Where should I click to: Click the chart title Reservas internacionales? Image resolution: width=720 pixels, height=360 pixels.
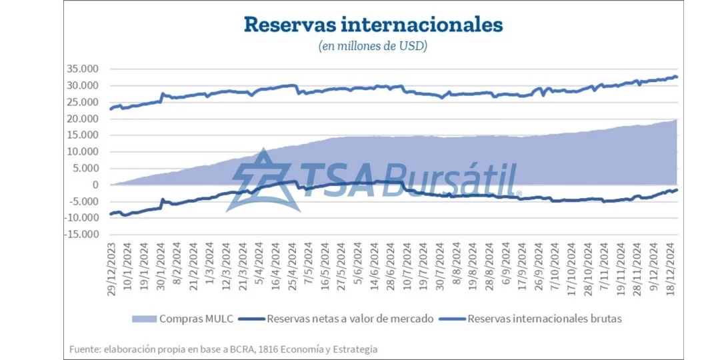click(x=373, y=25)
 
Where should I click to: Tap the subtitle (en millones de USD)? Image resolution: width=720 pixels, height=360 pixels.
click(x=373, y=46)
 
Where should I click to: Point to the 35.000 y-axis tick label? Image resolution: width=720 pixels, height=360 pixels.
click(x=82, y=69)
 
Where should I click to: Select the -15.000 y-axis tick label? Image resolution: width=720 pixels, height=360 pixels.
click(x=81, y=235)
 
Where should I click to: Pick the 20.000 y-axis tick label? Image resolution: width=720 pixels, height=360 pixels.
click(x=82, y=119)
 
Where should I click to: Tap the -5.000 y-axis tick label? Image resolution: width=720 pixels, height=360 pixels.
click(x=83, y=201)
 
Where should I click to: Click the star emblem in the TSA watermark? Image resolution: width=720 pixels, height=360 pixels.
click(x=263, y=180)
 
